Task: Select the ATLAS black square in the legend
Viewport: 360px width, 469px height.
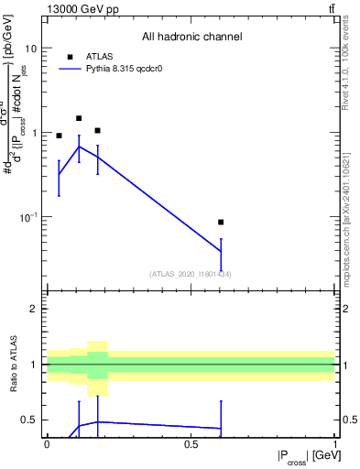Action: [71, 57]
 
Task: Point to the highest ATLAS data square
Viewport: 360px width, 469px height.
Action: [79, 118]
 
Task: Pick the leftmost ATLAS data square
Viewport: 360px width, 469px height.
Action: [60, 136]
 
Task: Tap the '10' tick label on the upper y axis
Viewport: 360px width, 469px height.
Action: [30, 48]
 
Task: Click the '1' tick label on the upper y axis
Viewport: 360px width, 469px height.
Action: [33, 133]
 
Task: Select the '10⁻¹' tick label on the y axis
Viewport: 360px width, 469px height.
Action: [28, 217]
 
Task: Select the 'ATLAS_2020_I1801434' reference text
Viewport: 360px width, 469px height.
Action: [191, 274]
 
